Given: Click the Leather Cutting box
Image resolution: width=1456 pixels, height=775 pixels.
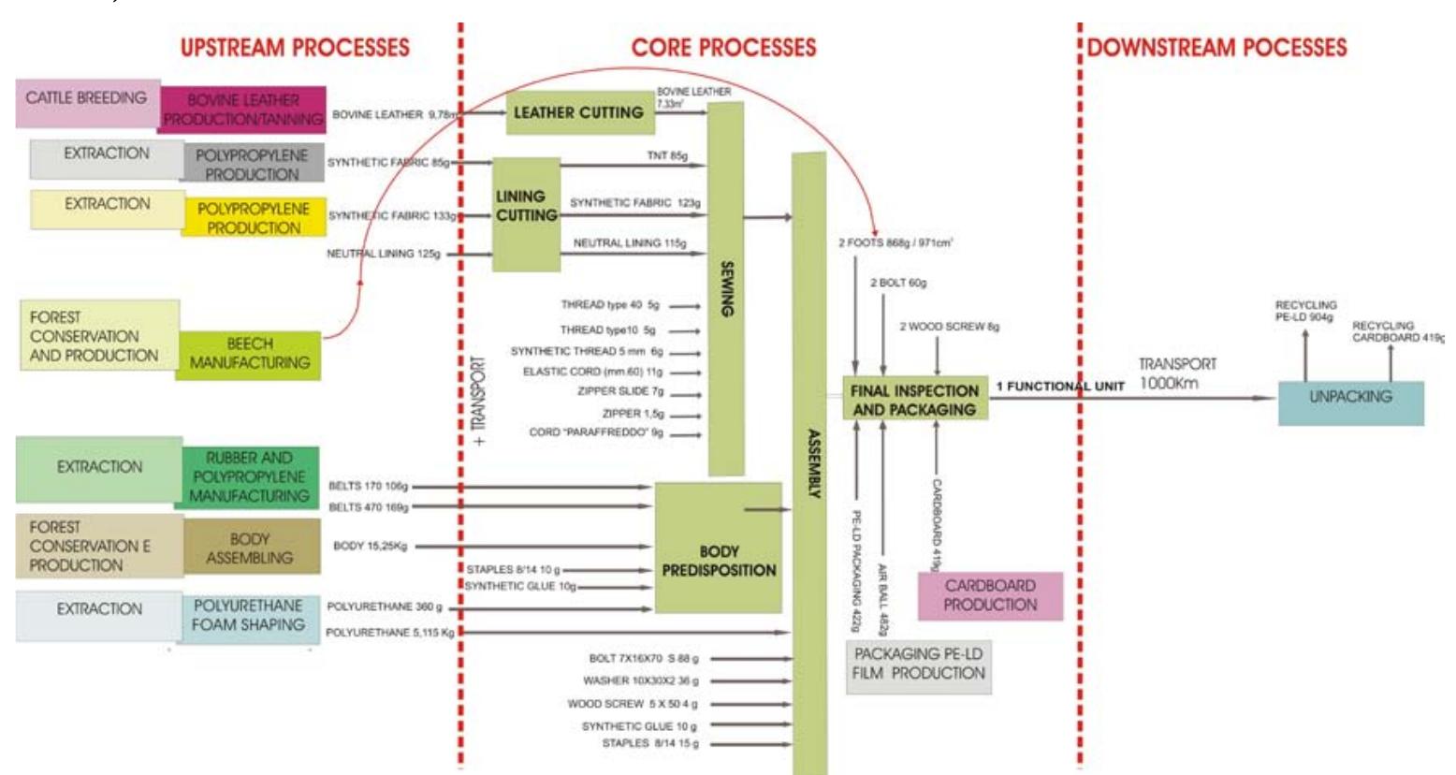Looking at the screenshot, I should (578, 113).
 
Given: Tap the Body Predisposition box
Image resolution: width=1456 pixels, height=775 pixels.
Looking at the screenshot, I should (719, 560).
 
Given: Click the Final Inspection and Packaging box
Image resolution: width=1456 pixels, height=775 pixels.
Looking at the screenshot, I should (914, 401).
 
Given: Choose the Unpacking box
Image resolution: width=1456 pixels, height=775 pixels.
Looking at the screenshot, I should (1350, 398).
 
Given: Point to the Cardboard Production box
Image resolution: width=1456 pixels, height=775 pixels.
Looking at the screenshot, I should (990, 595).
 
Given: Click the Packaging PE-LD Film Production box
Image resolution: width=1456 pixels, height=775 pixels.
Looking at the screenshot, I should (919, 664).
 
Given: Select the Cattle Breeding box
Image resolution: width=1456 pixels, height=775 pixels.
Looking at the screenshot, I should (86, 98).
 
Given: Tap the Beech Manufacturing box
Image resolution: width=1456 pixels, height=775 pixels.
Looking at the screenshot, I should (249, 354).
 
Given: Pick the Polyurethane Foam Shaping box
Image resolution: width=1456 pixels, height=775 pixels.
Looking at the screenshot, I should (248, 615).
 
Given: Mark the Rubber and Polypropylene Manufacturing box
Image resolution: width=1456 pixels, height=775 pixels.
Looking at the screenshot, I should (249, 476).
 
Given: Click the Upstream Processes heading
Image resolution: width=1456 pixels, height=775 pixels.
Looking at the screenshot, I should (295, 48).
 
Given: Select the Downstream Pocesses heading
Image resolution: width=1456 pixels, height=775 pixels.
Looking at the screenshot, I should (1216, 48).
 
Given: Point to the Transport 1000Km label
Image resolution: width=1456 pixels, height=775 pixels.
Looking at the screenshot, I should (1177, 373).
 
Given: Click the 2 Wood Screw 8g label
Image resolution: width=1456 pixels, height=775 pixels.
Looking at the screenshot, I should (949, 328).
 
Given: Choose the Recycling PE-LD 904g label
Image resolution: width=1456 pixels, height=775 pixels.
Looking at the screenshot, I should (1305, 311).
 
